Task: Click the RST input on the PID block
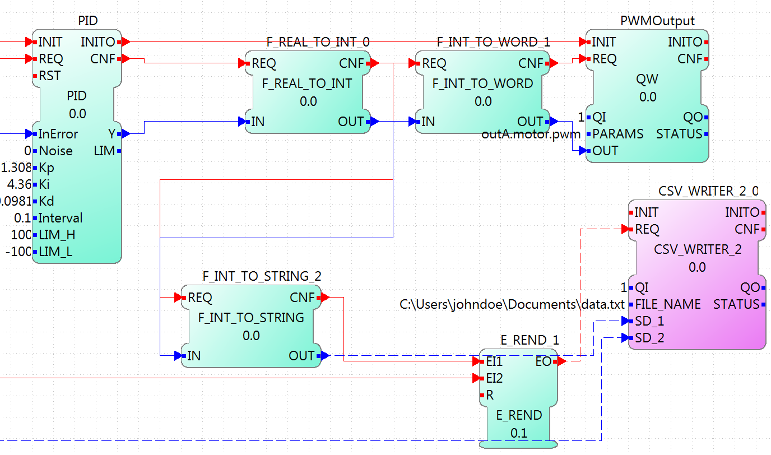pyautogui.click(x=49, y=76)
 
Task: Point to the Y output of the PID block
pyautogui.click(x=112, y=134)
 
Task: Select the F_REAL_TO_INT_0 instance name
pyautogui.click(x=318, y=42)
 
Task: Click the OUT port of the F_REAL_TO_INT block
pyautogui.click(x=351, y=122)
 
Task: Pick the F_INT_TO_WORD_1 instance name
pyautogui.click(x=493, y=42)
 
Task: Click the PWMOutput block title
pyautogui.click(x=657, y=21)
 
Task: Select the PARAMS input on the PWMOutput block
pyautogui.click(x=617, y=134)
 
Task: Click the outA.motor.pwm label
pyautogui.click(x=531, y=135)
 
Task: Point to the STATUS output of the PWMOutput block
pyautogui.click(x=679, y=134)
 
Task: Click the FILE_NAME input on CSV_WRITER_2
pyautogui.click(x=667, y=304)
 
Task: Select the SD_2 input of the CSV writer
pyautogui.click(x=649, y=338)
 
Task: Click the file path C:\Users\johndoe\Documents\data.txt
pyautogui.click(x=512, y=305)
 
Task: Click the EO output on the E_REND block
pyautogui.click(x=544, y=362)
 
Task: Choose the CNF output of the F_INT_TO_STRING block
pyautogui.click(x=302, y=297)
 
